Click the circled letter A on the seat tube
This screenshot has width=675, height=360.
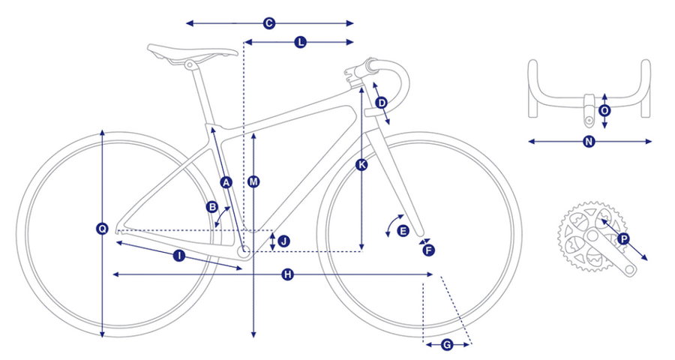(x=226, y=182)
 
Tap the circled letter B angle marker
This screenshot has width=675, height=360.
(x=212, y=207)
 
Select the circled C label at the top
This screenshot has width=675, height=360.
(x=269, y=23)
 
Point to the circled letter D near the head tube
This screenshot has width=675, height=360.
(x=382, y=103)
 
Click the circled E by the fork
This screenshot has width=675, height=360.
(x=403, y=231)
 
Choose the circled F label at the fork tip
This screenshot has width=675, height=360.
(x=429, y=250)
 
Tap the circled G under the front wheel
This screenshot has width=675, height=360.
(x=447, y=344)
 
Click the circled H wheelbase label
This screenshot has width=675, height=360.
(x=287, y=274)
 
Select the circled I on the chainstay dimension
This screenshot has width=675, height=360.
(x=179, y=256)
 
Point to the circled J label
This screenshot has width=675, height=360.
(x=284, y=241)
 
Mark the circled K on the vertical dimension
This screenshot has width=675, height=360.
(x=361, y=164)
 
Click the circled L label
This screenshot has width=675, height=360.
(x=301, y=42)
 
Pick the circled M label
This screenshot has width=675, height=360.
(x=254, y=181)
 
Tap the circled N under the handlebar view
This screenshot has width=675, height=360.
(x=589, y=141)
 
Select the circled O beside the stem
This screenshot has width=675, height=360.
(x=604, y=111)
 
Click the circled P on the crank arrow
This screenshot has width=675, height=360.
(x=623, y=238)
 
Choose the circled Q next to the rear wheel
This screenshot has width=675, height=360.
(x=102, y=229)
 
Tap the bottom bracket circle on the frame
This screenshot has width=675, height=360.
(x=244, y=252)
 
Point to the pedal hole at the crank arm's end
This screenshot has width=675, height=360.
(x=630, y=270)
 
